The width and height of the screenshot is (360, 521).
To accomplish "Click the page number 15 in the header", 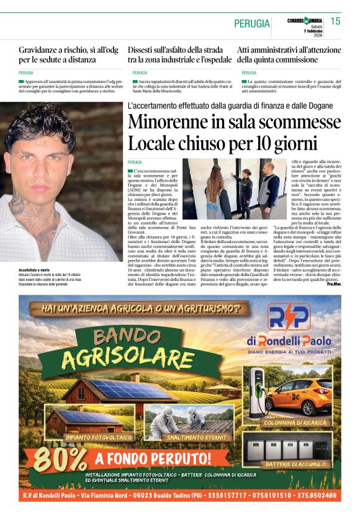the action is tap(335, 22).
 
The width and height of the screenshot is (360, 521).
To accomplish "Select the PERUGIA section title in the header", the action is tap(252, 24).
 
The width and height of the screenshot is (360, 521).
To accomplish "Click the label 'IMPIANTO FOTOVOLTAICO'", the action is tap(99, 437).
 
